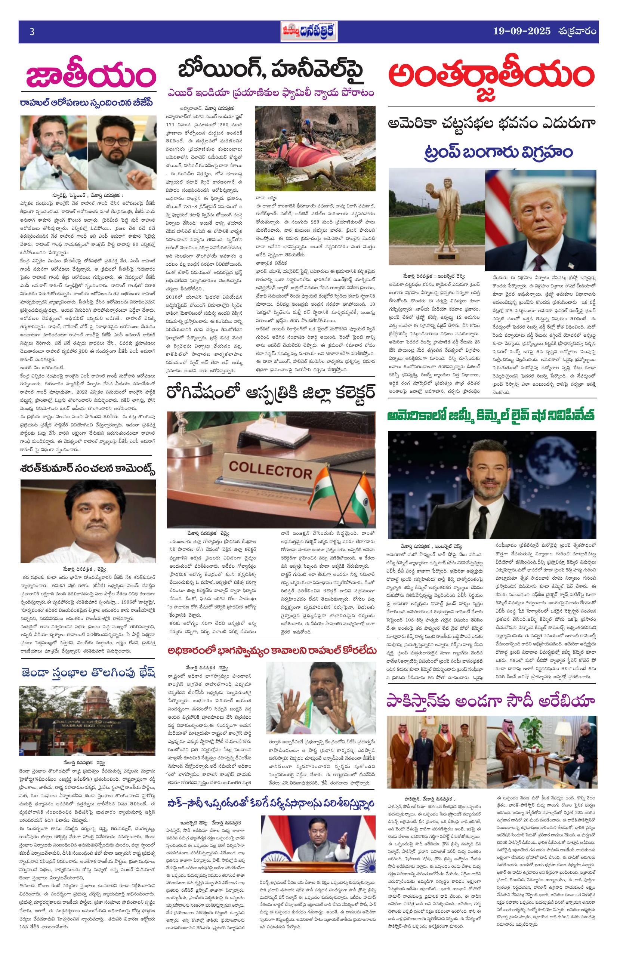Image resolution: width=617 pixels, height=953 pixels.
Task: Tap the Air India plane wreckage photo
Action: (315, 148)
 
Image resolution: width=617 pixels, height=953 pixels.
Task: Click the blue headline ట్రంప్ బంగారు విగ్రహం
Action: (492, 152)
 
